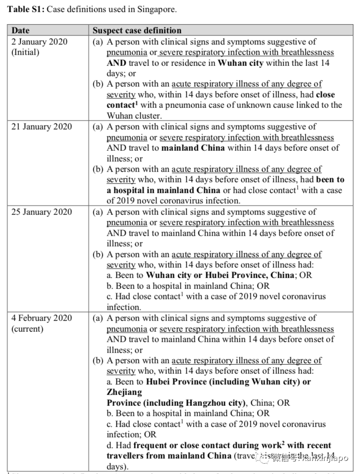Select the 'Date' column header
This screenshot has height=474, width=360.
coord(20,31)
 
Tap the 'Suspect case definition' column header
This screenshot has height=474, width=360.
coord(137,31)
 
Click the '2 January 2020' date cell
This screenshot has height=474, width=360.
coord(40,42)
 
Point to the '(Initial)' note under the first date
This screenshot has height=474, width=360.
coord(26,52)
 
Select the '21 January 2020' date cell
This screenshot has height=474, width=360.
coord(42,126)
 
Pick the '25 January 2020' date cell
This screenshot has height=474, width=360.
coord(42,212)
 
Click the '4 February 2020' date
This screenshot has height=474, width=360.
coord(42,318)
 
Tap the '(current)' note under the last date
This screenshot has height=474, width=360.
coord(27,329)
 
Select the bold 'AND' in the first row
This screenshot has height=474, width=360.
coord(116,63)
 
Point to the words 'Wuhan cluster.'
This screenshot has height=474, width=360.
coord(129,116)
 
